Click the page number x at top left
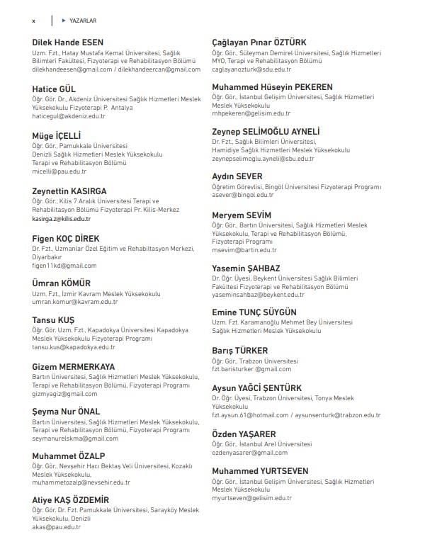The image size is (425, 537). click(33, 21)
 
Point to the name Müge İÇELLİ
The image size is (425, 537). click(57, 135)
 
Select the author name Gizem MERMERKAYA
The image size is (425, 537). click(74, 366)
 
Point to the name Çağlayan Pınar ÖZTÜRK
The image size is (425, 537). click(264, 43)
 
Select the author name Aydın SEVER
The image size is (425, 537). click(237, 176)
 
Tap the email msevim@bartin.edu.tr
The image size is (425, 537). click(244, 249)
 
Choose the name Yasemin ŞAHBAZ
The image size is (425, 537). click(246, 268)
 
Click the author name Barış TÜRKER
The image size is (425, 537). click(240, 350)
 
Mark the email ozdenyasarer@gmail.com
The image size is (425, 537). click(250, 452)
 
